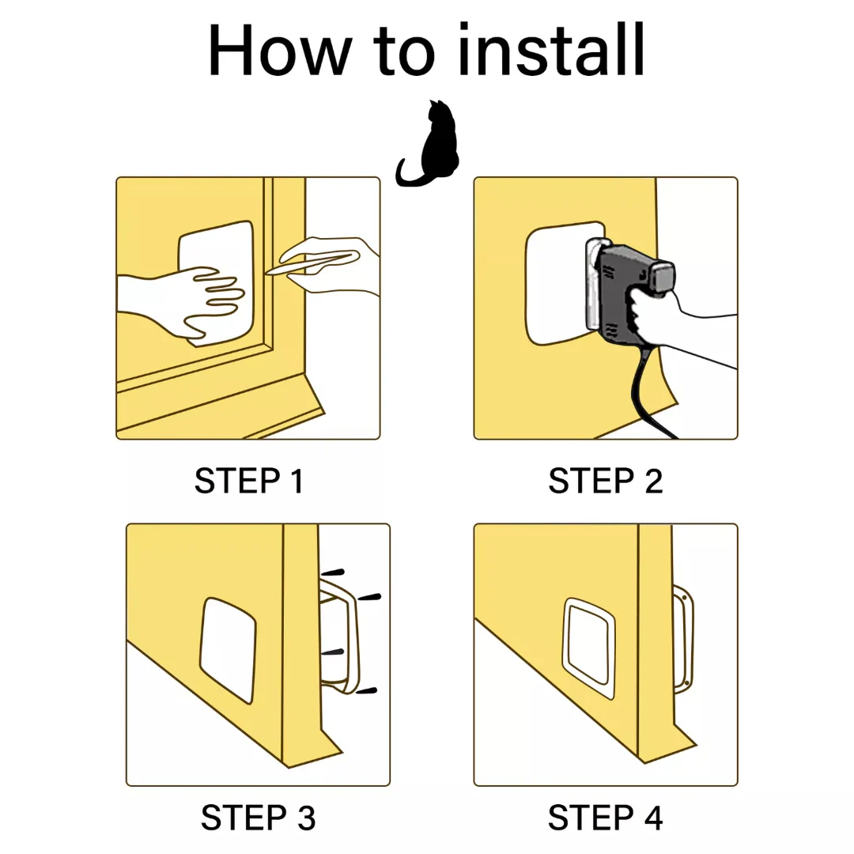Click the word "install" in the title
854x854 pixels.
pos(551,50)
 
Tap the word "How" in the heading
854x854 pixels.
pos(280,50)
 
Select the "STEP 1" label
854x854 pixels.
pos(249,481)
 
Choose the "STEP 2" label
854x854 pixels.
pos(605,481)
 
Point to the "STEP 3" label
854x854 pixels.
pos(258,818)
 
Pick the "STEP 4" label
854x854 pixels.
pos(605,818)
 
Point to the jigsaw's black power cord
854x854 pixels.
pos(648,393)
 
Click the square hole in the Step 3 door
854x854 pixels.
pos(229,649)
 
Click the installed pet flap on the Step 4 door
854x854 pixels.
pos(589,648)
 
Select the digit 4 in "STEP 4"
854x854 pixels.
pos(653,818)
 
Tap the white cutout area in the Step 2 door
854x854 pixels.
pos(556,283)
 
